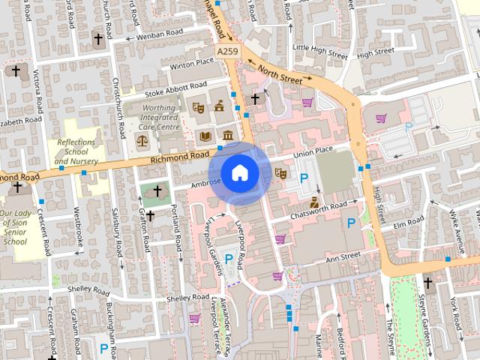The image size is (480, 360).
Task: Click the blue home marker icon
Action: click(x=239, y=172)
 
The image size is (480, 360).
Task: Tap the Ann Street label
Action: click(x=342, y=258)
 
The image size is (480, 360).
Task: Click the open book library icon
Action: click(x=205, y=136)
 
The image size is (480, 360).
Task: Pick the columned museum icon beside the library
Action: click(x=226, y=136)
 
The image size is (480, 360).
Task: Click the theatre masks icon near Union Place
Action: click(x=281, y=173)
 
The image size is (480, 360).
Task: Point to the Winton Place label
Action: click(x=191, y=64)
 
